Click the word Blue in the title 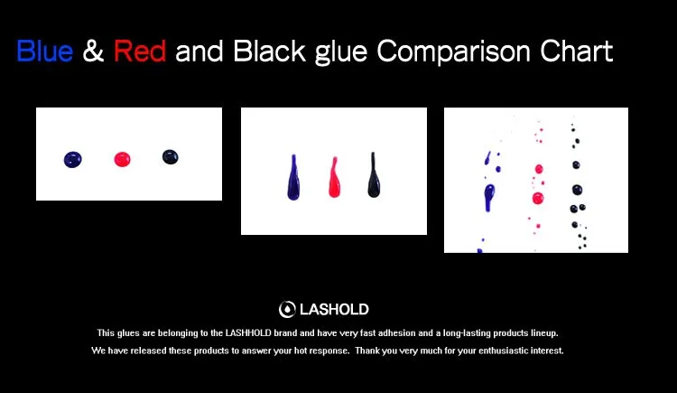point(45,51)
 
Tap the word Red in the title point(140,51)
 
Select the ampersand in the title point(93,51)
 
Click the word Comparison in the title point(453,51)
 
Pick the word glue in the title point(341,52)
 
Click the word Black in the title point(270,51)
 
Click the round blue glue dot point(72,160)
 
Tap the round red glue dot point(122,159)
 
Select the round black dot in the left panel point(170,157)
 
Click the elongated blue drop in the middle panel point(293,178)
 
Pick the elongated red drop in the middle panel point(334,178)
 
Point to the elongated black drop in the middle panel point(374,175)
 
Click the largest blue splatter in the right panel point(489,197)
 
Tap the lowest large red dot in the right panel point(538,199)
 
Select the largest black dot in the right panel point(578,190)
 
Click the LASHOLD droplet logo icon point(287,309)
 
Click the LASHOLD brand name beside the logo point(334,310)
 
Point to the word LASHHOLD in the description point(248,332)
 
